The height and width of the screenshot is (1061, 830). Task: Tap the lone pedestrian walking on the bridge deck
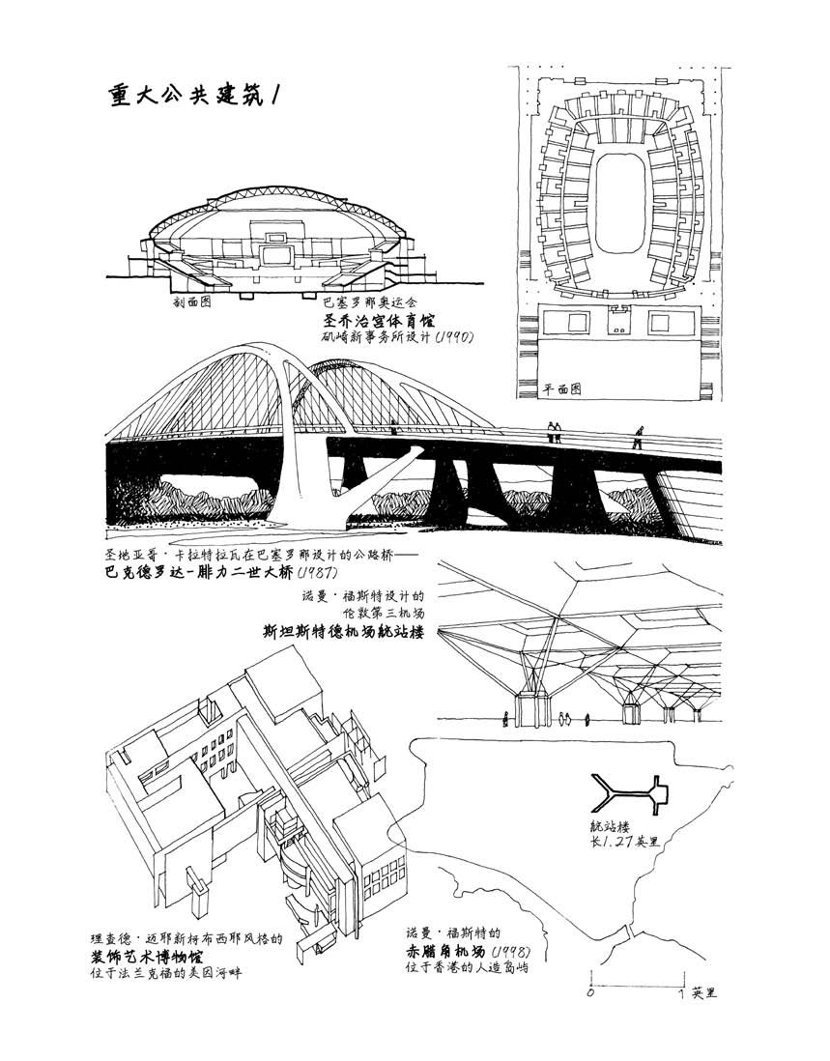click(x=637, y=439)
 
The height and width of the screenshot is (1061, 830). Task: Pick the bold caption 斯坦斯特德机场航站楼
click(x=349, y=633)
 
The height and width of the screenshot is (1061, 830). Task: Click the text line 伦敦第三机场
click(x=384, y=613)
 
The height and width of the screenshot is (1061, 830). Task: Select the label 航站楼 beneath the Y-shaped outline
click(x=610, y=827)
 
